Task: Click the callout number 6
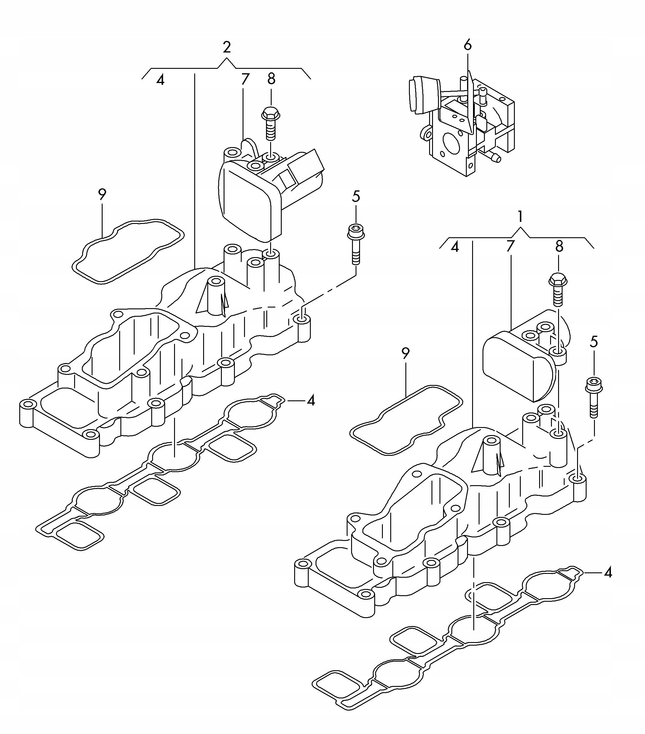(467, 45)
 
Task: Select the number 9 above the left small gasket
(102, 195)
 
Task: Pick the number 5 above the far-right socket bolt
(594, 342)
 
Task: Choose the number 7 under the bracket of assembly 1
(510, 246)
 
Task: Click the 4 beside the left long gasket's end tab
(311, 400)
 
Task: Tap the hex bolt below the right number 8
(558, 291)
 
